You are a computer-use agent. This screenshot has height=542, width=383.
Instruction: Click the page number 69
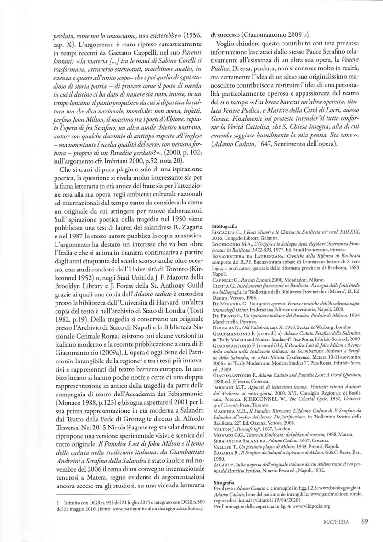coord(365,521)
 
